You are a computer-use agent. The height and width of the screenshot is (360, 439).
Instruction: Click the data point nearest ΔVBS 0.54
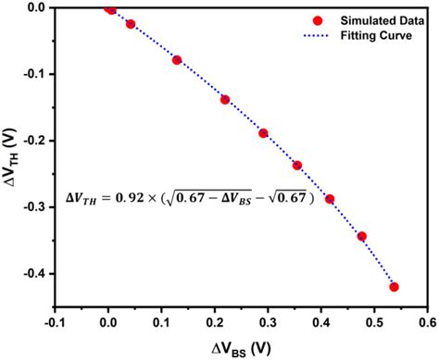coord(395,287)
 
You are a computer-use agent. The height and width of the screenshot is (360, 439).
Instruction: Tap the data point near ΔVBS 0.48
coord(362,236)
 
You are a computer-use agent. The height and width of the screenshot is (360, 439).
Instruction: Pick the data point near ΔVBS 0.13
coord(177,60)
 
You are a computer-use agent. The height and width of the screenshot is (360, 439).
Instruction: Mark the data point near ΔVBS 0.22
coord(225,99)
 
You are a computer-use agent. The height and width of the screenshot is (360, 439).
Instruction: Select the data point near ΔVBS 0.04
coord(131,24)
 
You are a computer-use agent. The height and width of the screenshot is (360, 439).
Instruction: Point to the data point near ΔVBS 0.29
coord(263,133)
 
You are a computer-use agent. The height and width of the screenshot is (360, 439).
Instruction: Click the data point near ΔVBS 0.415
coord(330,199)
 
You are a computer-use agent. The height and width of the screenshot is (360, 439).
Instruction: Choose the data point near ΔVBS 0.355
coord(297,166)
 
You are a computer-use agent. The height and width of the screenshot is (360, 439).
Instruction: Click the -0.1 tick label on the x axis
coord(55,325)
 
